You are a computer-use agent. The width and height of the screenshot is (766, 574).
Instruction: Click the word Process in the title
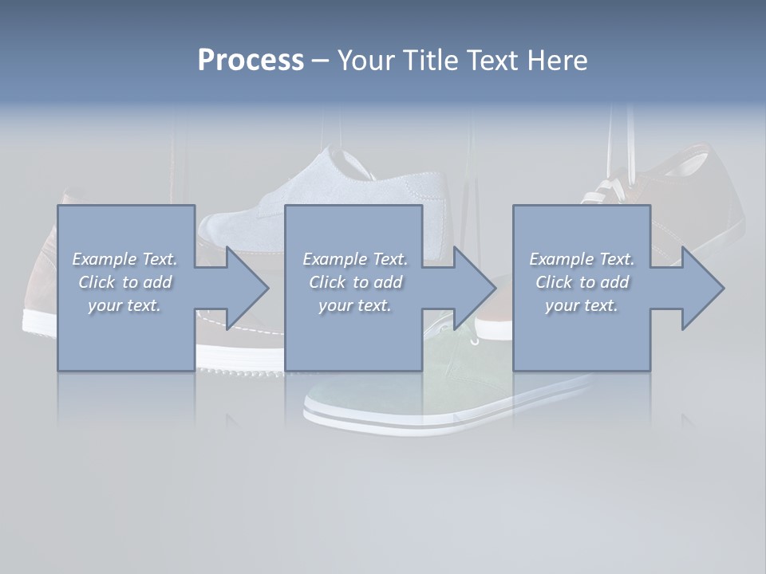click(251, 61)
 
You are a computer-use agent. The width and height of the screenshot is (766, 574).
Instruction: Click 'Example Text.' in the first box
click(124, 259)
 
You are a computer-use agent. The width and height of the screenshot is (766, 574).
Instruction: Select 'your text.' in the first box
click(124, 305)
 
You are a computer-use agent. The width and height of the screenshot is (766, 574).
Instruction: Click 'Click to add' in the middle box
click(355, 282)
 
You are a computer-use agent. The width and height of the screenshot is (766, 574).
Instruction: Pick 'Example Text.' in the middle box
click(355, 259)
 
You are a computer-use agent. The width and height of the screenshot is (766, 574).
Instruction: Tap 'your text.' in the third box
click(582, 305)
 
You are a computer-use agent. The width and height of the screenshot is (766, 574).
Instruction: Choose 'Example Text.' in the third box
click(582, 259)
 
